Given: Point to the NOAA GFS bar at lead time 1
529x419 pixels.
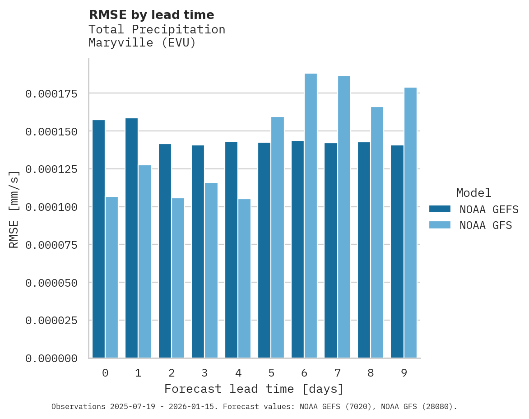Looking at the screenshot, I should tap(145, 261).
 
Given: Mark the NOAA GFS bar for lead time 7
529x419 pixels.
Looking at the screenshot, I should tap(344, 217).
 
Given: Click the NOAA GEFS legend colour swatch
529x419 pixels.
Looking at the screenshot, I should tap(440, 209).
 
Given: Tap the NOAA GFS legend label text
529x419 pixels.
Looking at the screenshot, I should tap(486, 225).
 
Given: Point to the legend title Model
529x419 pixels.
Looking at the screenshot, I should tap(473, 193).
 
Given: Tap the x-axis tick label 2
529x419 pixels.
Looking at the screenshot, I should tap(172, 373).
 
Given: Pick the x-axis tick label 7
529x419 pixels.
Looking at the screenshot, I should tap(338, 373).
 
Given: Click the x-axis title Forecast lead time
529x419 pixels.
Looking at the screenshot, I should tap(254, 389).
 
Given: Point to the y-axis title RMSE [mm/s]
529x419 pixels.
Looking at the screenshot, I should tap(14, 209).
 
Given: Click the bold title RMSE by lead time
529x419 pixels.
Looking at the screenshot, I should tap(151, 15).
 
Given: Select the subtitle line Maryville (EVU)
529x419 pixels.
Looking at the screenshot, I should tap(142, 43).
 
